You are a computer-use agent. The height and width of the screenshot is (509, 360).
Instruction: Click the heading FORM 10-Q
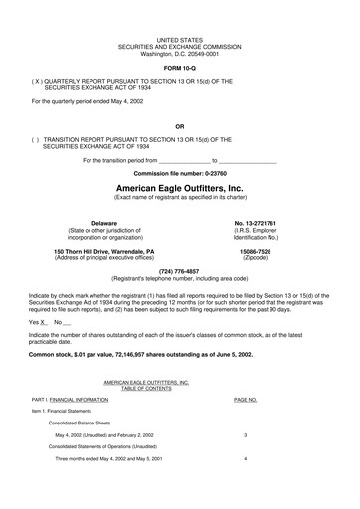[x=179, y=68]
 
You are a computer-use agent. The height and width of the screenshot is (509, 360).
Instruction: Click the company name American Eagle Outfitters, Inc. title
[x=179, y=187]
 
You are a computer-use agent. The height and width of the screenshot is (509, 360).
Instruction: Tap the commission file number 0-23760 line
[x=179, y=173]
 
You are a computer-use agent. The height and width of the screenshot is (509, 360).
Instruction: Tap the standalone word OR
[x=179, y=126]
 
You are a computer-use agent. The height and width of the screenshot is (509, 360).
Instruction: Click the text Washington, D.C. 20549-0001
[x=179, y=53]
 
